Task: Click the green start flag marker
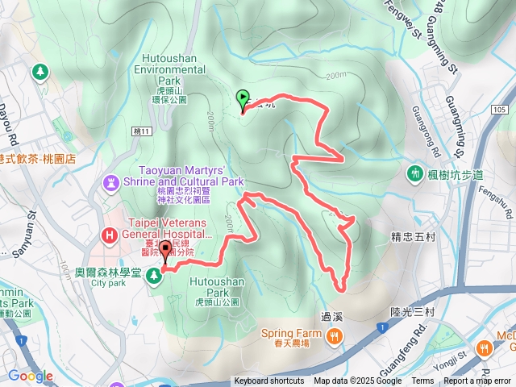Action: coord(243,99)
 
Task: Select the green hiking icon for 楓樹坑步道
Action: coord(415,173)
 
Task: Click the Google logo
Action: coord(31,376)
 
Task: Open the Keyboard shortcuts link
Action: coord(268,381)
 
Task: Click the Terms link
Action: coord(422,381)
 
